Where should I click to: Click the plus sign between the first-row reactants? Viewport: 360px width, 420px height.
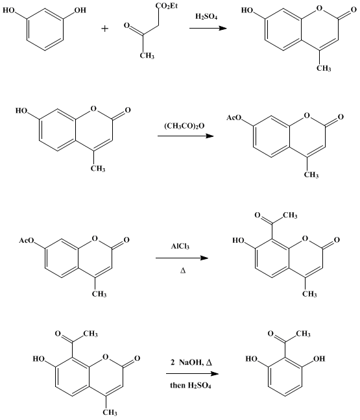tap(105, 29)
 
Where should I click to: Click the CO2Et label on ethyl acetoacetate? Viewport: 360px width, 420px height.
tap(167, 6)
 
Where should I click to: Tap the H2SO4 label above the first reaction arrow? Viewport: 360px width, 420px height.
tap(206, 17)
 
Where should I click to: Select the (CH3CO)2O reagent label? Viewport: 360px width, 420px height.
tap(184, 126)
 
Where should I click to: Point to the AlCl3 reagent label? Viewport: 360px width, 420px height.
tap(180, 246)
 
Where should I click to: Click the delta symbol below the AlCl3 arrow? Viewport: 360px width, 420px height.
tap(183, 271)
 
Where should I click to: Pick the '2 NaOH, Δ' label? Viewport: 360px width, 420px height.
tap(191, 362)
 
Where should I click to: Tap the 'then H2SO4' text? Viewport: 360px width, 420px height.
tap(191, 386)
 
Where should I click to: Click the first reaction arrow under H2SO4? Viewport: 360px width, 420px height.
tap(208, 28)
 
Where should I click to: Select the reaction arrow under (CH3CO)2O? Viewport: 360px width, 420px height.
tap(186, 136)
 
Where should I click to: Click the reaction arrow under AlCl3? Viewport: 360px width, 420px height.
tap(182, 258)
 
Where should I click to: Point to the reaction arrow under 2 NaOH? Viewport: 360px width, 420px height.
tap(192, 374)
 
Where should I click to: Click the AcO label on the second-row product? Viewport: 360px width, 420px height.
tap(234, 117)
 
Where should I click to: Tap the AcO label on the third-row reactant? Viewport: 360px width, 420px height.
tap(27, 240)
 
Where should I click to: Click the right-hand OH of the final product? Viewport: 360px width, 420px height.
tap(318, 358)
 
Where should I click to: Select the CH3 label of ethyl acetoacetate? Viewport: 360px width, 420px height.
tap(147, 56)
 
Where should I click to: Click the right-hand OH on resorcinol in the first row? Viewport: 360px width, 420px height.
tap(80, 10)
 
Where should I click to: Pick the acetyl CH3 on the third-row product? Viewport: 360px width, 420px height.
tap(290, 215)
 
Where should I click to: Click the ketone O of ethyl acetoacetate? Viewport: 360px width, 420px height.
tap(126, 26)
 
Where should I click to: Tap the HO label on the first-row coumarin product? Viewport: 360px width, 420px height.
tap(247, 10)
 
